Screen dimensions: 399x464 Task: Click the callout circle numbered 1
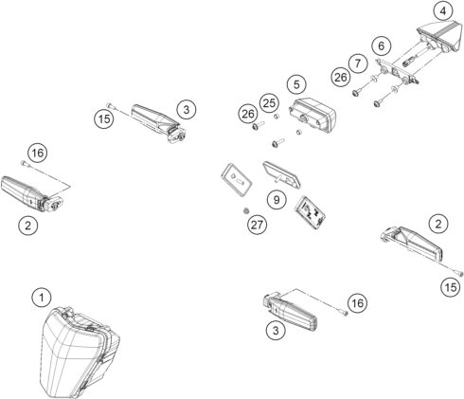40,298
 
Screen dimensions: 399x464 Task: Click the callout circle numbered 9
275,200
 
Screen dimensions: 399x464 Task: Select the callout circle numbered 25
269,101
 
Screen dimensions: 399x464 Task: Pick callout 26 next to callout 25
247,114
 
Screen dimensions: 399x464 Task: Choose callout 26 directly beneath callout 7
341,77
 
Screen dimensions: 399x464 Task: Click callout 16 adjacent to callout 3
355,301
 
